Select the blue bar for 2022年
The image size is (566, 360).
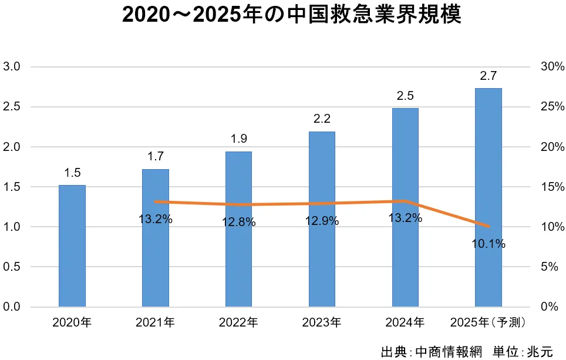[238, 229]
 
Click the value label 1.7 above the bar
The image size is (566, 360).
[156, 156]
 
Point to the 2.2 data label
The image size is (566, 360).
[322, 119]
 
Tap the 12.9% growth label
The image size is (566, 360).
[322, 221]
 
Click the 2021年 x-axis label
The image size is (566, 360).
[155, 322]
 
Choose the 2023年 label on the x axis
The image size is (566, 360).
[321, 322]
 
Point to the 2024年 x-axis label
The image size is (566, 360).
[405, 322]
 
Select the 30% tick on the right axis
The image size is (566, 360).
[552, 67]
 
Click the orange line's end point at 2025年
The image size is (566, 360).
[488, 226]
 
